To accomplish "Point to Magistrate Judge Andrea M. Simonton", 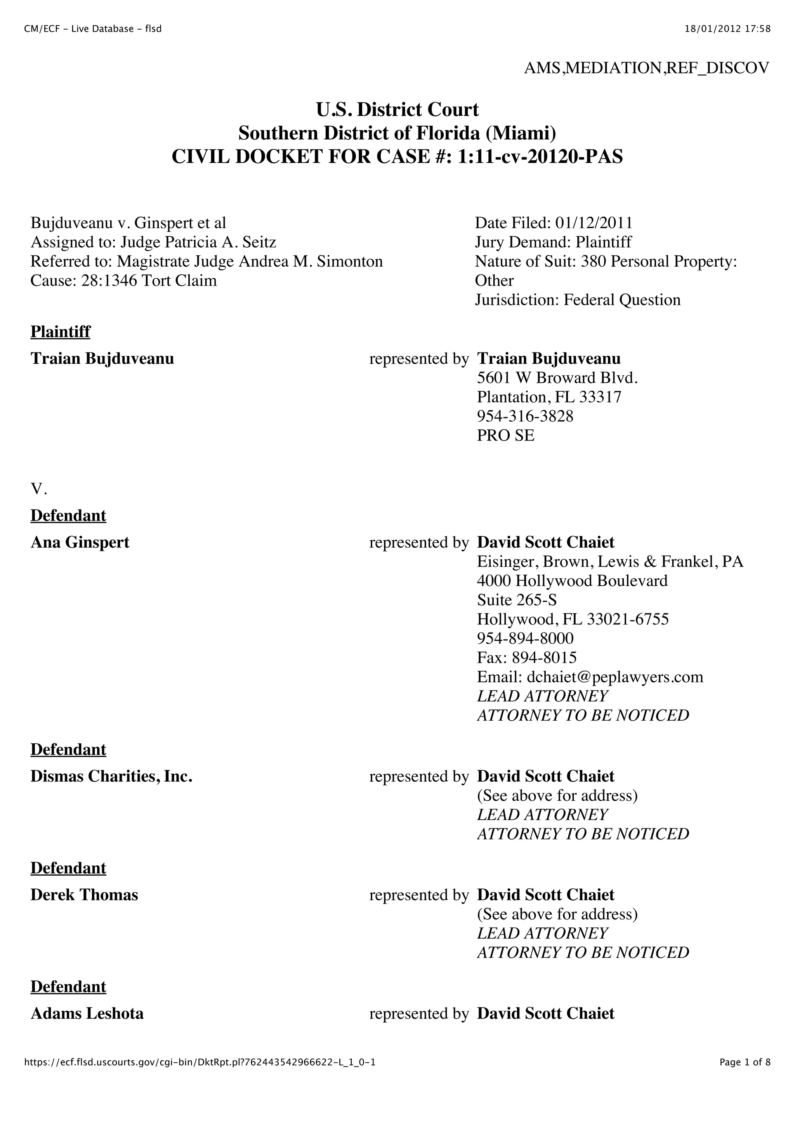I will [250, 262].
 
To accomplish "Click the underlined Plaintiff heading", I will [60, 331].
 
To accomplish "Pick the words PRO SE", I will [506, 435].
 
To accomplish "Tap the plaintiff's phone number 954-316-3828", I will [525, 416].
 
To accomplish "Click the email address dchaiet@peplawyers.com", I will [614, 677].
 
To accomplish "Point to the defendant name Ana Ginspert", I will [80, 543].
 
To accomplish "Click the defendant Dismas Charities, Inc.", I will [111, 776].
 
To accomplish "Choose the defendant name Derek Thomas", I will [84, 895].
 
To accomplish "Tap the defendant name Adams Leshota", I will [87, 1013].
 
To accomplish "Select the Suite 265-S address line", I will [517, 600].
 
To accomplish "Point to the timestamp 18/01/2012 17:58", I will [727, 29].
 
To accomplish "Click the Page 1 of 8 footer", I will [745, 1075].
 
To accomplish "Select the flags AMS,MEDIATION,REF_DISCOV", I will [646, 68].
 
